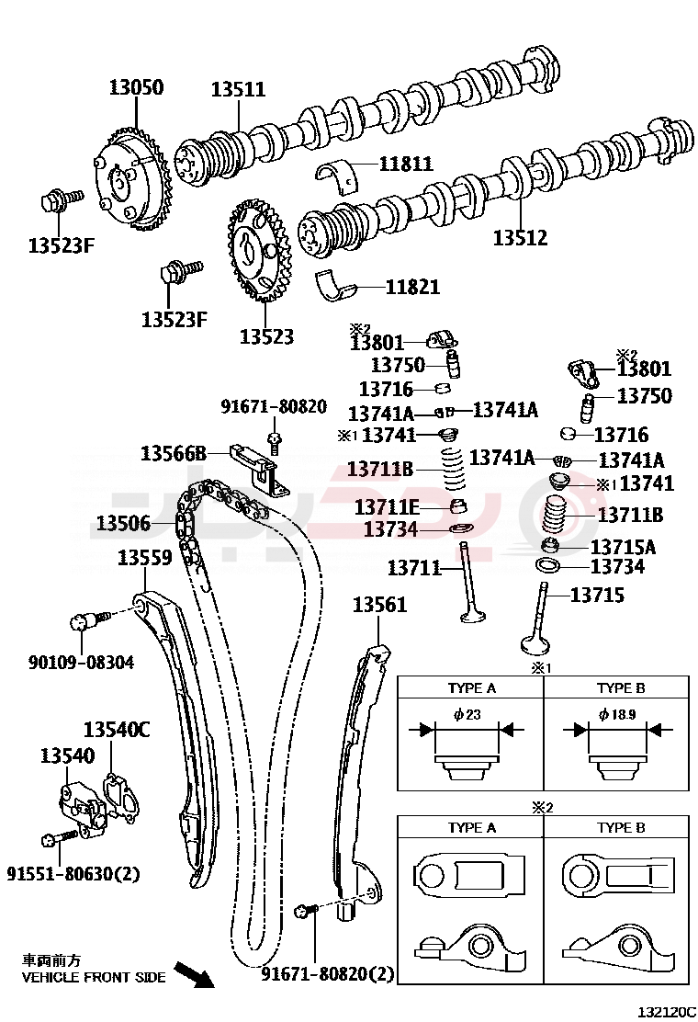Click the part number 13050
[136, 88]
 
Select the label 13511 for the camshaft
[238, 89]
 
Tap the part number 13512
[520, 238]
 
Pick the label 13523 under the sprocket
[266, 336]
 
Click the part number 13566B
[173, 453]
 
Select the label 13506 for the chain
[123, 523]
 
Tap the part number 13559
[144, 557]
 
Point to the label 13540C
[116, 731]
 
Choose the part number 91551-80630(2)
[73, 873]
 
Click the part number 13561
[379, 605]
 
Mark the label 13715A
[623, 547]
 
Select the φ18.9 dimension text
[616, 714]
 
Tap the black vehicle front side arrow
[195, 974]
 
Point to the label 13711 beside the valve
[414, 568]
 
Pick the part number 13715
[597, 595]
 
